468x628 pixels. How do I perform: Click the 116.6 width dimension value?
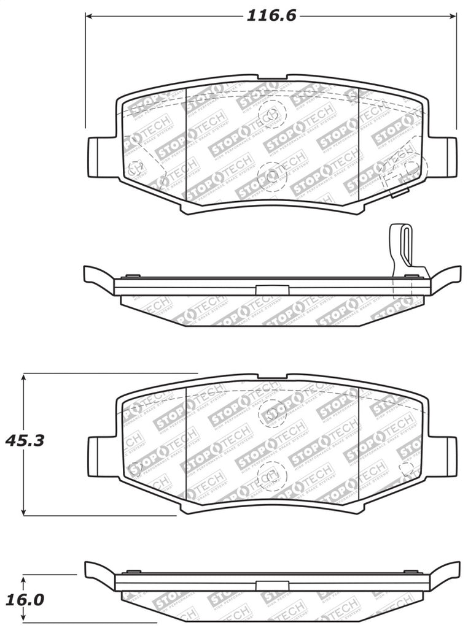tap(271, 16)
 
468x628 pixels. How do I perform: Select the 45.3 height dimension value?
tap(25, 440)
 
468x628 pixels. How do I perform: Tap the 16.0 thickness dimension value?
tap(25, 599)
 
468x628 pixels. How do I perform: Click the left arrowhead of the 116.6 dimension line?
tap(90, 17)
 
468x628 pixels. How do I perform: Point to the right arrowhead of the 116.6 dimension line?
tap(453, 17)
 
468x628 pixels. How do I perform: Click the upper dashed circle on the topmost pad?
tap(272, 113)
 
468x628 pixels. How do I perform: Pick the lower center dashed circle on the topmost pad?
tap(272, 176)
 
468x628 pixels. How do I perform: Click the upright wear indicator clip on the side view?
tap(400, 248)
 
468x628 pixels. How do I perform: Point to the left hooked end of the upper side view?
tap(97, 277)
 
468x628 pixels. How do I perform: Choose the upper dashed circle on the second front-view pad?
tap(272, 413)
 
